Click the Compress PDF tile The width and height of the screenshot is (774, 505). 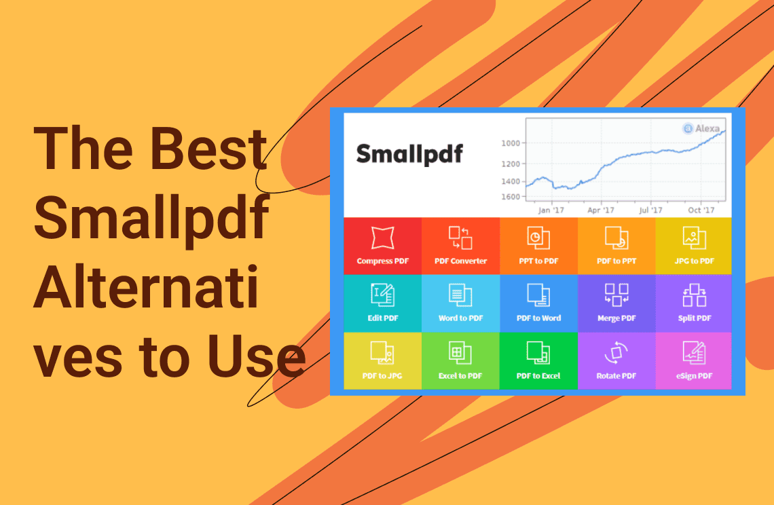tap(382, 246)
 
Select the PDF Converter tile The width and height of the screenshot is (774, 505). tap(460, 246)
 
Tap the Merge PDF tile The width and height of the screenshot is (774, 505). tap(616, 303)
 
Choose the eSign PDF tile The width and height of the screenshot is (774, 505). tap(693, 361)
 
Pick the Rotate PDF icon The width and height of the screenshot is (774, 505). tap(616, 353)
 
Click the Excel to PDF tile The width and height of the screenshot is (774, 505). tap(460, 361)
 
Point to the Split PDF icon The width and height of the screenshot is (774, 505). tap(695, 295)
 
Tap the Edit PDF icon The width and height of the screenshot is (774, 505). tap(382, 295)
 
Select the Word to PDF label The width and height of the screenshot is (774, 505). tap(460, 318)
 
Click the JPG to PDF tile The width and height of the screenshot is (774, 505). tap(693, 246)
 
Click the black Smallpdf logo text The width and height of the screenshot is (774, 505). tap(409, 154)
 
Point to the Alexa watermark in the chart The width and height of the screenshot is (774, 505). tap(701, 128)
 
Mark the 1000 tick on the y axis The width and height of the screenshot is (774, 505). tap(511, 143)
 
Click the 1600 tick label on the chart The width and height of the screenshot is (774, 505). tap(511, 196)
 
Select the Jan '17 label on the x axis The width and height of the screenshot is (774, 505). tap(551, 210)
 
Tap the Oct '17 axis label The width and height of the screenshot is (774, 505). tap(701, 210)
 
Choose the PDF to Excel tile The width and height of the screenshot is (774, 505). tap(538, 361)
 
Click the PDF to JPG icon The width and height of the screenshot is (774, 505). tap(382, 353)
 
